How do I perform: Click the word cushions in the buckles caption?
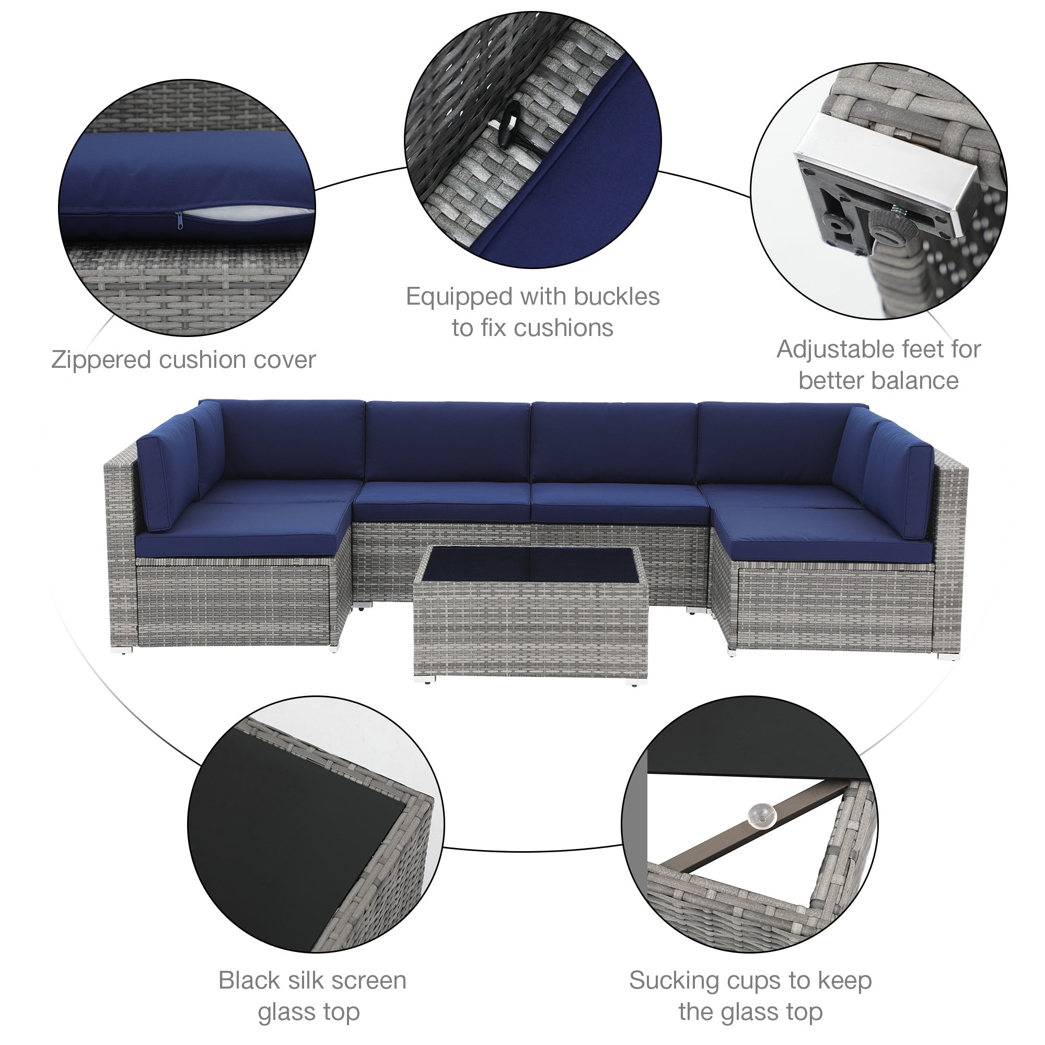(564, 328)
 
